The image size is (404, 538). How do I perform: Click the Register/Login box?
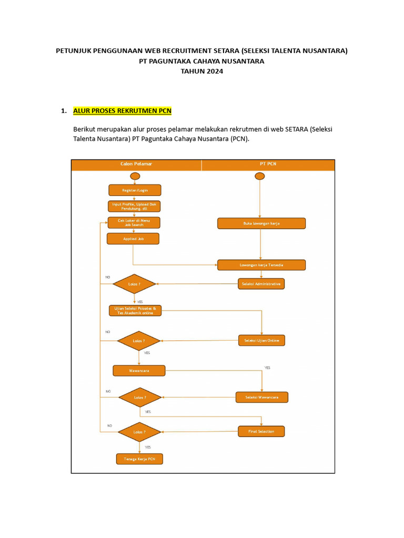[x=135, y=190]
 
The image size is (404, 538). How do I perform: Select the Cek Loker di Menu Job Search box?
[x=134, y=223]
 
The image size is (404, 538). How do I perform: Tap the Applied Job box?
[x=133, y=239]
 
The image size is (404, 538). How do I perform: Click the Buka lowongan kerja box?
[x=261, y=223]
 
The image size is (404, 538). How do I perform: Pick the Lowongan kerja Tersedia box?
[x=261, y=265]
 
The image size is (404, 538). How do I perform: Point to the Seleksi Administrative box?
[x=261, y=284]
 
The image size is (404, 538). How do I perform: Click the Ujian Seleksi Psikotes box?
[x=135, y=311]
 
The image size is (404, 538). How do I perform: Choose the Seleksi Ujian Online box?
[x=261, y=340]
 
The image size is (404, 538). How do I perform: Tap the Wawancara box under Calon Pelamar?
[x=139, y=370]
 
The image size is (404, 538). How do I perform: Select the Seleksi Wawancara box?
[x=261, y=397]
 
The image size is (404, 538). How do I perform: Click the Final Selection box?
[x=261, y=431]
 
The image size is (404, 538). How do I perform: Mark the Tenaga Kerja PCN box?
[x=139, y=459]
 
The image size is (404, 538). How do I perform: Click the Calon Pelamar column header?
[x=136, y=164]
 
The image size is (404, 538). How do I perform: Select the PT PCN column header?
[x=268, y=164]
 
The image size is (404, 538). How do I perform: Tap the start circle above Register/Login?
[x=135, y=176]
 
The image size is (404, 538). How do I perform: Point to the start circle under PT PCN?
[x=260, y=176]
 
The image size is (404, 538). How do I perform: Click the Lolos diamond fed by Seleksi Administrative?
[x=135, y=284]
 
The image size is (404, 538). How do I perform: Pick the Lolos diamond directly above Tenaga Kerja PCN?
[x=139, y=432]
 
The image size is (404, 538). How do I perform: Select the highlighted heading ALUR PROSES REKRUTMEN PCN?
[x=122, y=110]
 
